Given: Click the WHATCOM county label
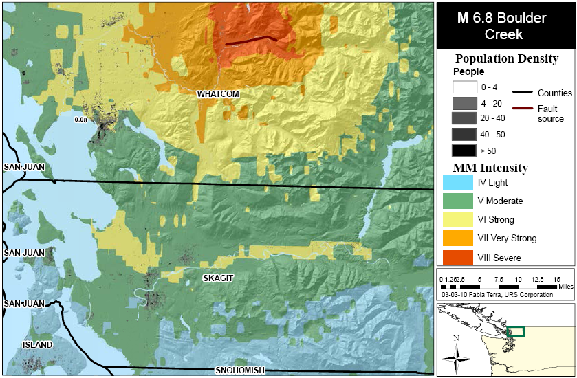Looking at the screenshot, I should [217, 93].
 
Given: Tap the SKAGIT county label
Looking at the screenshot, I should [219, 278].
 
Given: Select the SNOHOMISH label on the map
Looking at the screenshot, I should [239, 370].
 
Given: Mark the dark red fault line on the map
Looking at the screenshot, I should [252, 41].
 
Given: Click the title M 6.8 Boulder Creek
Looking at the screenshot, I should [505, 26].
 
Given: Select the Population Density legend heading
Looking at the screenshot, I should [505, 58].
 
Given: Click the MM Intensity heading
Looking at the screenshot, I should [490, 168].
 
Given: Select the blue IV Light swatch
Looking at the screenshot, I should [457, 183].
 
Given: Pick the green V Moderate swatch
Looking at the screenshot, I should [457, 201].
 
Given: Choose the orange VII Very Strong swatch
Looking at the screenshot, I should [457, 238].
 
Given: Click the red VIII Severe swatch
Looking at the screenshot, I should [457, 258].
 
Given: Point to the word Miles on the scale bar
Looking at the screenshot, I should [565, 286].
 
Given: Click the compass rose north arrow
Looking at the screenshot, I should [456, 357].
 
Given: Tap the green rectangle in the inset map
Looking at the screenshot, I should [515, 331].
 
